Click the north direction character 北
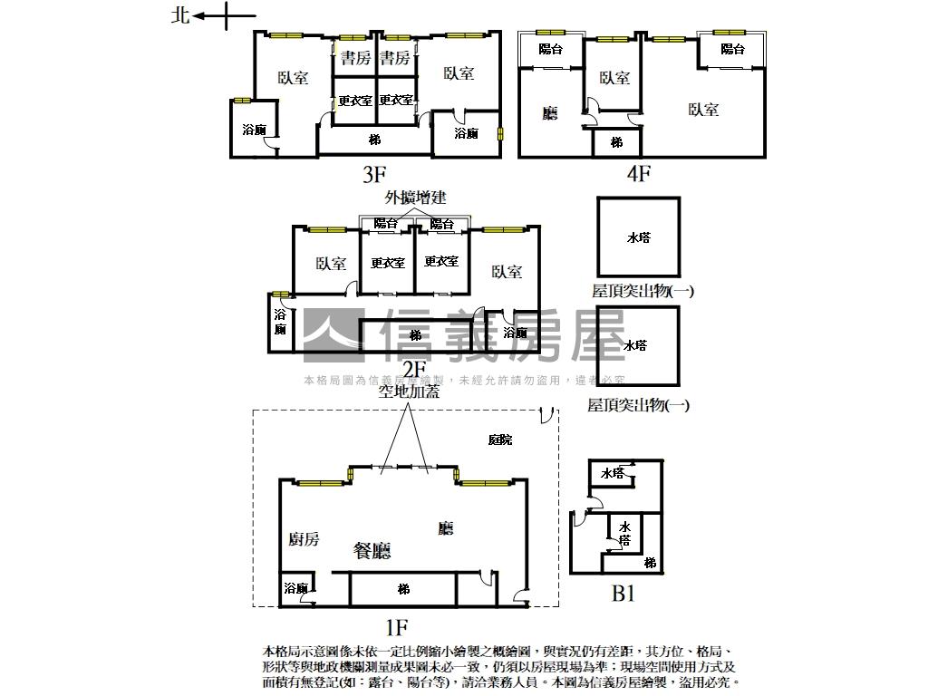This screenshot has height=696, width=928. pyautogui.click(x=180, y=15)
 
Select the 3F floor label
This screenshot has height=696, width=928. pyautogui.click(x=373, y=173)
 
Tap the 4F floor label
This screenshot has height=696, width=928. pyautogui.click(x=638, y=173)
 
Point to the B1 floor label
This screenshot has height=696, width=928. pyautogui.click(x=623, y=594)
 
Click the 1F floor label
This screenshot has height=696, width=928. pyautogui.click(x=397, y=625)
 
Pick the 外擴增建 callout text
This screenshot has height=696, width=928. pyautogui.click(x=415, y=197)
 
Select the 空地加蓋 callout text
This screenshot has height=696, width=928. pyautogui.click(x=409, y=391)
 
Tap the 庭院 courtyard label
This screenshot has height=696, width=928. pyautogui.click(x=499, y=440)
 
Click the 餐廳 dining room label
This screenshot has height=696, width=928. pyautogui.click(x=372, y=550)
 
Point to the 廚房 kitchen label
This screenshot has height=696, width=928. pyautogui.click(x=304, y=539)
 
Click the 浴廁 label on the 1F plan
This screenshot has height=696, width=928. pyautogui.click(x=295, y=589)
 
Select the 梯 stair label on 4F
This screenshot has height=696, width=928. pyautogui.click(x=616, y=142)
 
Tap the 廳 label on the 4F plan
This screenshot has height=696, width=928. pyautogui.click(x=550, y=113)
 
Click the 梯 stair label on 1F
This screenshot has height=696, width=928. pyautogui.click(x=403, y=589)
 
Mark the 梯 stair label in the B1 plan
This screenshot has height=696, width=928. pyautogui.click(x=650, y=563)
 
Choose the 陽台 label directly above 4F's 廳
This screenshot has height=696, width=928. pyautogui.click(x=550, y=49)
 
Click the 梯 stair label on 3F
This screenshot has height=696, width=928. pyautogui.click(x=374, y=140)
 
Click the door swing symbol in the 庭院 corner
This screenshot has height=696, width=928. pyautogui.click(x=546, y=415)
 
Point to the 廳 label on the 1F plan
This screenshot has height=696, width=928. pyautogui.click(x=445, y=527)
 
